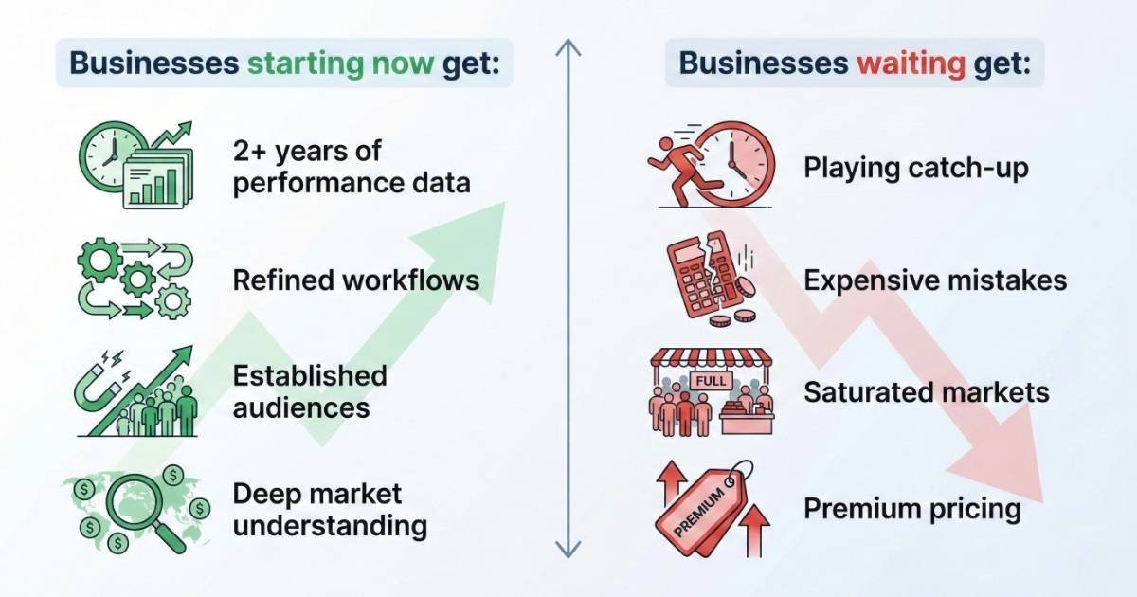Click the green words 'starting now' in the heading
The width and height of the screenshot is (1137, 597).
click(341, 63)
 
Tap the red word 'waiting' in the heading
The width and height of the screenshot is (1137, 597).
click(909, 63)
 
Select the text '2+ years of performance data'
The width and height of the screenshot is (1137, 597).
click(351, 166)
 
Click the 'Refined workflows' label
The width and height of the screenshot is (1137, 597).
click(355, 280)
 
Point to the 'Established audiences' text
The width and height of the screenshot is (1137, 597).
click(309, 390)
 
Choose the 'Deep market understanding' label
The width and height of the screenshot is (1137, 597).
click(329, 509)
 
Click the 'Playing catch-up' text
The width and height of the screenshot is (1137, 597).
click(915, 168)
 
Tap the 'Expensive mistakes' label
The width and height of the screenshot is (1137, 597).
click(934, 280)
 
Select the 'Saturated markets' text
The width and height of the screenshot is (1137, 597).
click(926, 391)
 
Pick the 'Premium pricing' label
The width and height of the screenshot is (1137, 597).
click(911, 509)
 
